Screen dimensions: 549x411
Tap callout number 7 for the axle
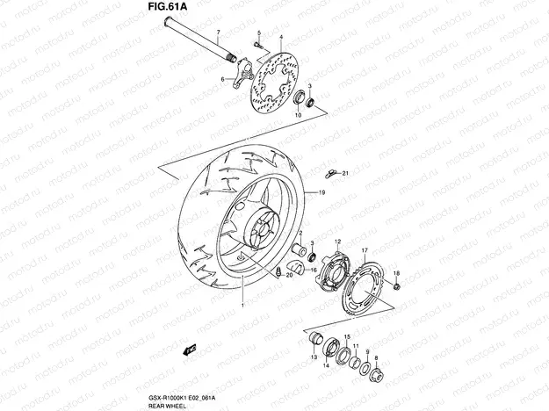(x=218, y=34)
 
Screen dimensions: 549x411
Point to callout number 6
(x=223, y=79)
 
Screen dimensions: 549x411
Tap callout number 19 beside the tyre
(x=321, y=192)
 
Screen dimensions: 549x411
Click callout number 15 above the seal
(x=347, y=336)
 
